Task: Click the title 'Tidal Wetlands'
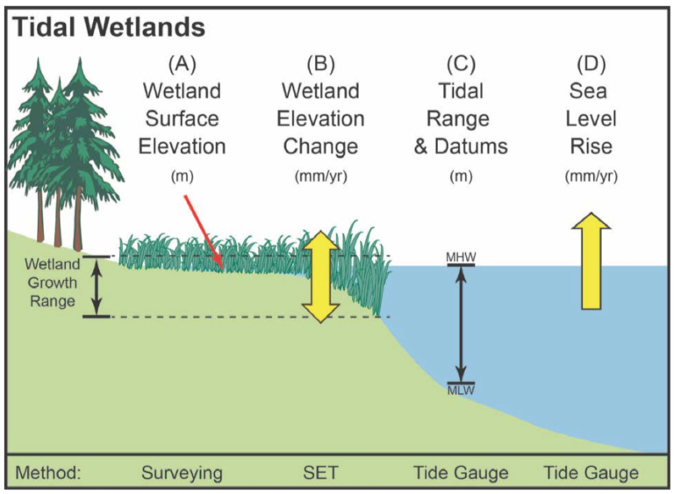pyautogui.click(x=109, y=27)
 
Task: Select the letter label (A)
pyautogui.click(x=182, y=63)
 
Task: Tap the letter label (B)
pyautogui.click(x=320, y=63)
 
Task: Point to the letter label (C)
pyautogui.click(x=461, y=63)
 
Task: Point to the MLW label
pyautogui.click(x=461, y=389)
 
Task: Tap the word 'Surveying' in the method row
pyautogui.click(x=182, y=473)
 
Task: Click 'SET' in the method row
pyautogui.click(x=320, y=473)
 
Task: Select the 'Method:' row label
pyautogui.click(x=48, y=473)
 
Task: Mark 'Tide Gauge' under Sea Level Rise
pyautogui.click(x=591, y=473)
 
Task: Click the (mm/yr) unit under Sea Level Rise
pyautogui.click(x=591, y=175)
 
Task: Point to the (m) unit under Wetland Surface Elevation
pyautogui.click(x=182, y=175)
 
